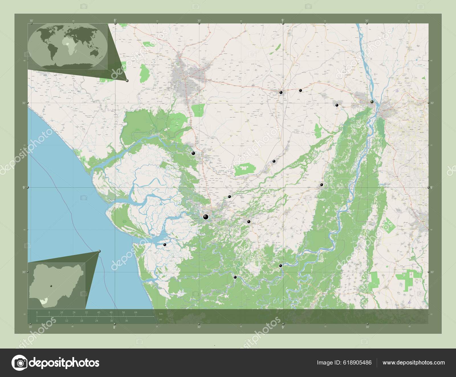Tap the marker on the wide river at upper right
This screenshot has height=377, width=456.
(x=372, y=102)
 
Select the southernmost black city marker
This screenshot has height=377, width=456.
(x=235, y=277)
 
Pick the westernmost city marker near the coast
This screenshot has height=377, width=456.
(x=164, y=245)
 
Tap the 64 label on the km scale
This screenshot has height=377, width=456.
(x=136, y=312)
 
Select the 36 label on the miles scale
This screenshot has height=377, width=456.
(x=127, y=321)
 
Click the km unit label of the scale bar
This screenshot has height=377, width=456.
(x=161, y=314)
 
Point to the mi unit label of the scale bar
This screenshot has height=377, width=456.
(x=161, y=319)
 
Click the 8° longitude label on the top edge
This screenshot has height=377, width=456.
(x=115, y=20)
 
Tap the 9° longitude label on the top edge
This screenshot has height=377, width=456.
(x=283, y=20)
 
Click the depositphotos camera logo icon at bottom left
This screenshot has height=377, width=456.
(x=20, y=363)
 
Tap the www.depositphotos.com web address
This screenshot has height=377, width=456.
(x=414, y=363)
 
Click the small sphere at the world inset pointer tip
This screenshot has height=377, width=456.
(x=127, y=81)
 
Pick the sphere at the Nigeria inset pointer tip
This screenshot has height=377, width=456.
(x=99, y=251)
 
